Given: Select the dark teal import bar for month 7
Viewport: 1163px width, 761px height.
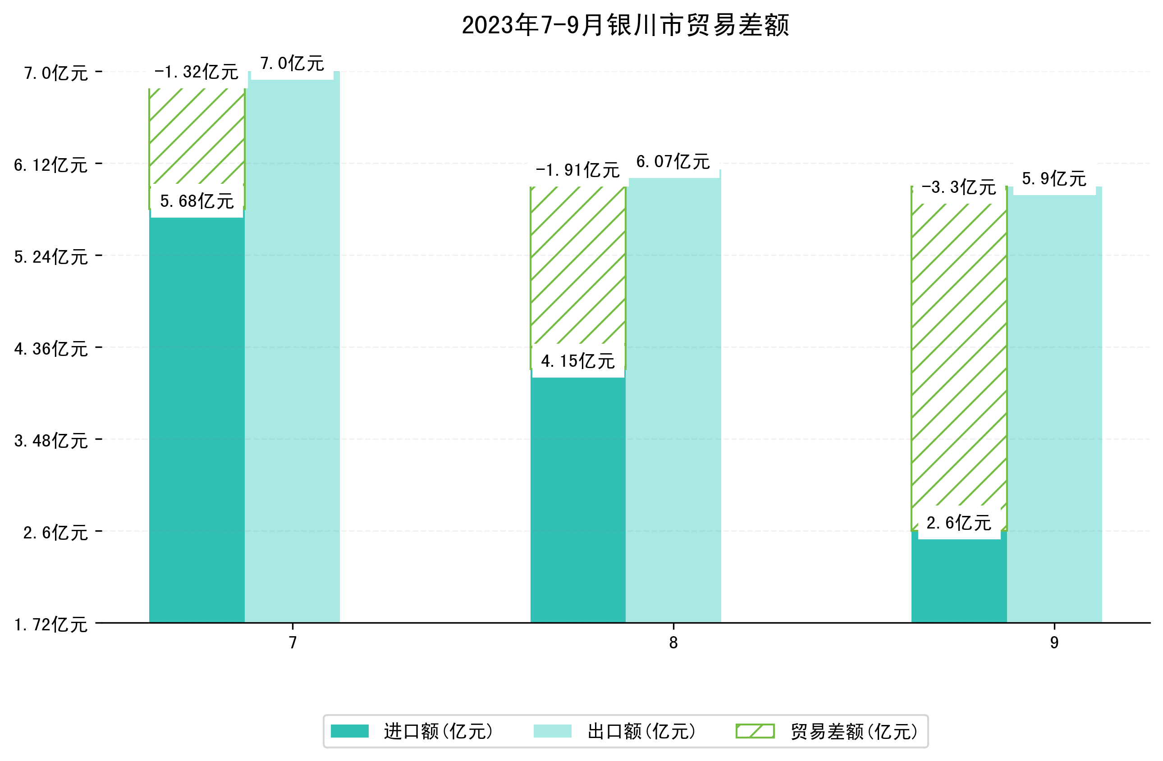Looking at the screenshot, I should point(197,420).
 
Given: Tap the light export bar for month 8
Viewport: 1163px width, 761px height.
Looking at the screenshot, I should point(673,401).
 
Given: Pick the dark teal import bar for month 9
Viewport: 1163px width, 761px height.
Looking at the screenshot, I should point(959,581).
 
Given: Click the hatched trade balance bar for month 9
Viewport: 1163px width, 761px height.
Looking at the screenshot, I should point(959,356).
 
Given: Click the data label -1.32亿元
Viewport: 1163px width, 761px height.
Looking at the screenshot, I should point(197,72).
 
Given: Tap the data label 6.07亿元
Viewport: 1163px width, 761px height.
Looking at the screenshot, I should point(673,162).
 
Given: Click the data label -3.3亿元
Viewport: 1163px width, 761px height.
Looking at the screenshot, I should point(958,187).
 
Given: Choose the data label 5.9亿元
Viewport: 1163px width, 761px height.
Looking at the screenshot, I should point(1054,179).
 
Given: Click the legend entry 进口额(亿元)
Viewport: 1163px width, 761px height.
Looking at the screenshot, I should point(438,732).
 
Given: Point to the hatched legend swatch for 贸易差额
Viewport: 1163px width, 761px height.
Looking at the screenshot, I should point(755,731).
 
